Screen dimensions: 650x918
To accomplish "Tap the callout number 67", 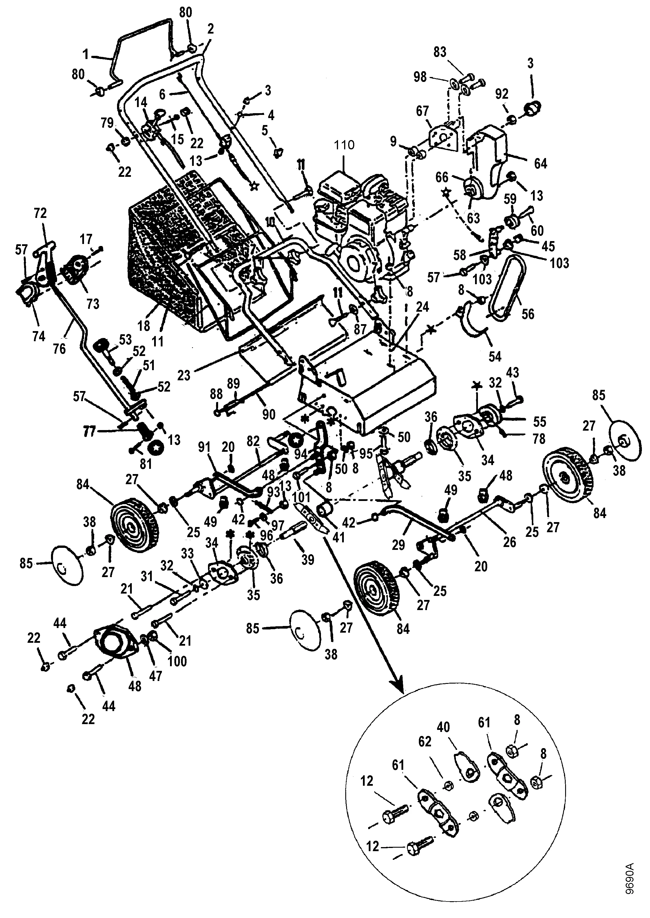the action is pyautogui.click(x=422, y=111).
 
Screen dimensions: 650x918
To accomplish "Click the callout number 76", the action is pyautogui.click(x=59, y=349).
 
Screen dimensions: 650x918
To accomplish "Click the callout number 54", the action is pyautogui.click(x=495, y=356).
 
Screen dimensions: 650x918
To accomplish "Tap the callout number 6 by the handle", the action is pyautogui.click(x=162, y=94).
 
